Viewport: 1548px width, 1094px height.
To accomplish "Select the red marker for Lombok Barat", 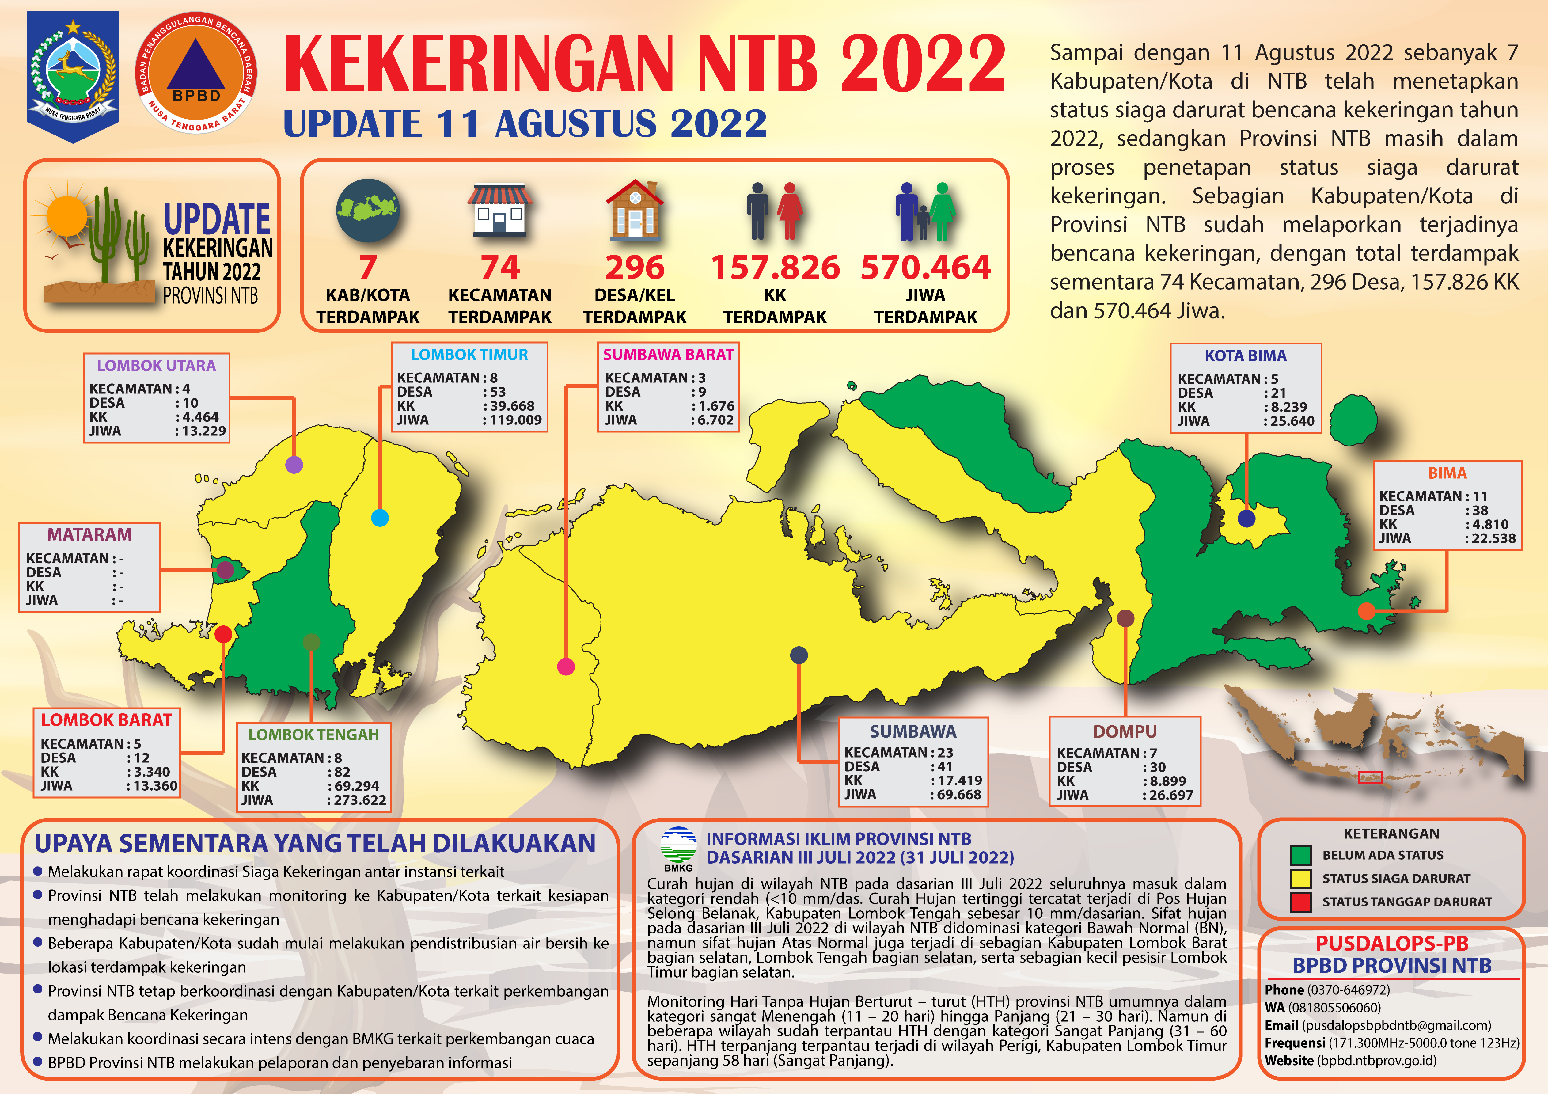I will [x=223, y=634].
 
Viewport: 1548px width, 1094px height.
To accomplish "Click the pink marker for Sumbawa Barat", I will [x=566, y=667].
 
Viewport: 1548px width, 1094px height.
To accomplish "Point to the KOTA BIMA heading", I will [x=1245, y=355].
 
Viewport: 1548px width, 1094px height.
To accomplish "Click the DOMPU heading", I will [x=1125, y=732].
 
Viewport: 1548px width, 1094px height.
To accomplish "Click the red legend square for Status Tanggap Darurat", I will [x=1300, y=902].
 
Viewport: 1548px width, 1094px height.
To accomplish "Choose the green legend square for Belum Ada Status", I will [x=1300, y=855].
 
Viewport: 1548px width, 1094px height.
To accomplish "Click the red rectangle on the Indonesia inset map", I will [x=1370, y=777].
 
